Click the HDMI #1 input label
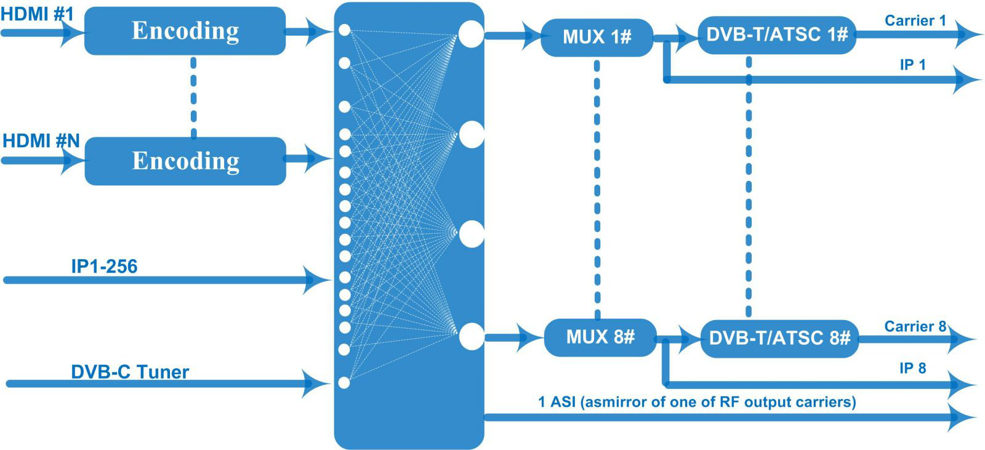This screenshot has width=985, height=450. [x=37, y=14]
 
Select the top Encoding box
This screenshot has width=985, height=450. [x=185, y=31]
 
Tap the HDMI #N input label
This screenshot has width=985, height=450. [x=41, y=141]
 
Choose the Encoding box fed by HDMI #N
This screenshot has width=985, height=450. [x=185, y=161]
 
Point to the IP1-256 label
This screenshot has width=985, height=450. [x=104, y=267]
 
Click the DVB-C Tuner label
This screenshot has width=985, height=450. [x=130, y=372]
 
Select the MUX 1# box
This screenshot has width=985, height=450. [x=597, y=38]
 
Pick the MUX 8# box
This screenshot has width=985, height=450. [x=600, y=337]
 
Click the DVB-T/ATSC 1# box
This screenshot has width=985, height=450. [x=777, y=35]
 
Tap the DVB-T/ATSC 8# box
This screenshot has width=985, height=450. [x=779, y=339]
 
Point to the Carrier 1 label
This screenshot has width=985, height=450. [x=915, y=20]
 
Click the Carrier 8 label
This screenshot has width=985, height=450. [x=915, y=326]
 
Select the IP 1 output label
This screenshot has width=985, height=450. [x=913, y=65]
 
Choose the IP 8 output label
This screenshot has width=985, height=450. [x=913, y=368]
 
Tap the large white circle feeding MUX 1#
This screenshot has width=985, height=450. [x=471, y=34]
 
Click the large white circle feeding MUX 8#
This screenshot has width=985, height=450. [x=472, y=337]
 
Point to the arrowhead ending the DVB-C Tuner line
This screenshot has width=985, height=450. [x=316, y=384]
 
